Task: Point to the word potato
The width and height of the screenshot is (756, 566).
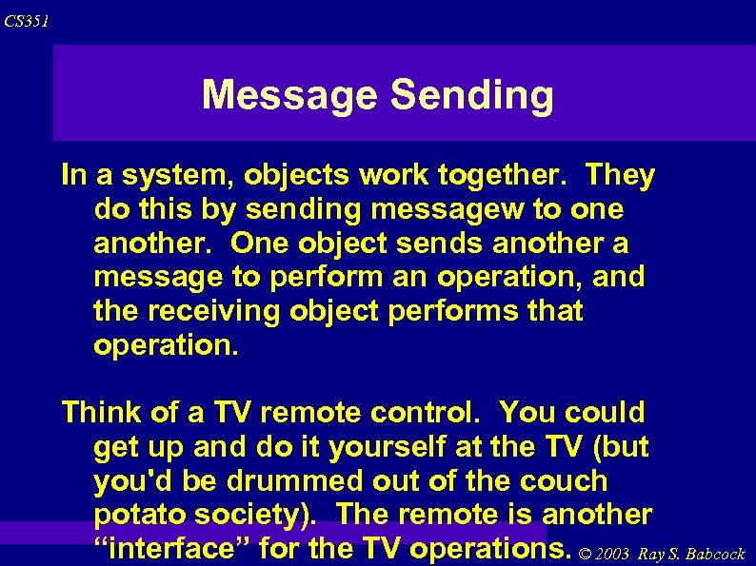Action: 143,515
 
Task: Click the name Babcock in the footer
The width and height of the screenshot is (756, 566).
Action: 711,554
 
